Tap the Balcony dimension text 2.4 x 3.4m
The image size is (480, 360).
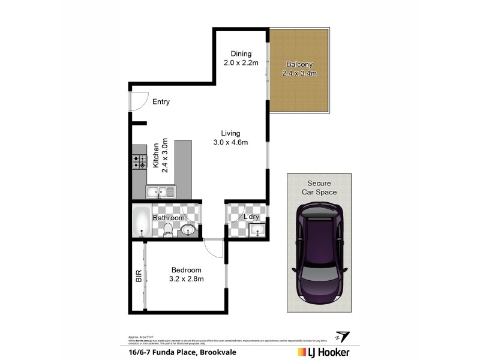click(299, 73)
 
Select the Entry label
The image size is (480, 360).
click(161, 101)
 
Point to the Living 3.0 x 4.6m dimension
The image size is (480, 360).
click(230, 142)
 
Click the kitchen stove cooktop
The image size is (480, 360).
click(140, 161)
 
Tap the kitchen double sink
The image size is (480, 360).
click(160, 192)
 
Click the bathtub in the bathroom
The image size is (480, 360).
click(141, 221)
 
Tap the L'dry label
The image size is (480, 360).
click(251, 217)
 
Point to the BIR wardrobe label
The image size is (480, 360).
click(138, 276)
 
